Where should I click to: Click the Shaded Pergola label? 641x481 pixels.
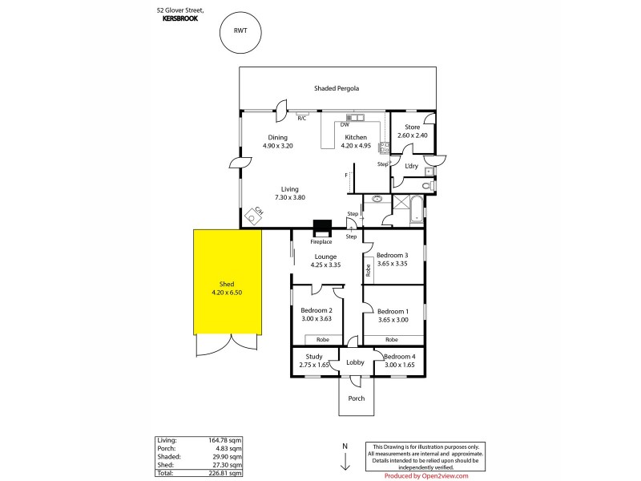[x=339, y=88]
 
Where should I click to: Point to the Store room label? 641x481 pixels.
[x=412, y=127]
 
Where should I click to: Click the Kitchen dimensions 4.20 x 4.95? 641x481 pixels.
[x=355, y=146]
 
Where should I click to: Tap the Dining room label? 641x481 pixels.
[x=278, y=137]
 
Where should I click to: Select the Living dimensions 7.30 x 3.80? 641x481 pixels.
[x=289, y=197]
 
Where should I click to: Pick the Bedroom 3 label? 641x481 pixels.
[x=393, y=255]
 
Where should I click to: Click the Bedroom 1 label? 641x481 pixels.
[x=393, y=311]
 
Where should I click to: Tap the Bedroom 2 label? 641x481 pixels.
[x=316, y=310]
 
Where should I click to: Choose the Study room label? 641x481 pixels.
[x=314, y=357]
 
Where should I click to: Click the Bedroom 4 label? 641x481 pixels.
[x=398, y=357]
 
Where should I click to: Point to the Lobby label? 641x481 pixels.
[x=355, y=362]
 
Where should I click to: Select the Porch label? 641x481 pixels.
[x=355, y=398]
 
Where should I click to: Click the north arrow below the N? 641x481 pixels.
[x=345, y=462]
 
